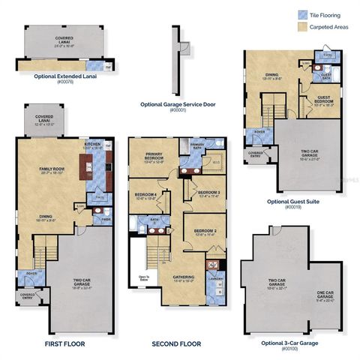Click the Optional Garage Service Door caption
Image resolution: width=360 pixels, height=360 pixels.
pyautogui.click(x=178, y=104)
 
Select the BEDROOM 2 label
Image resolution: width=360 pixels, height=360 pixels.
pyautogui.click(x=204, y=231)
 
